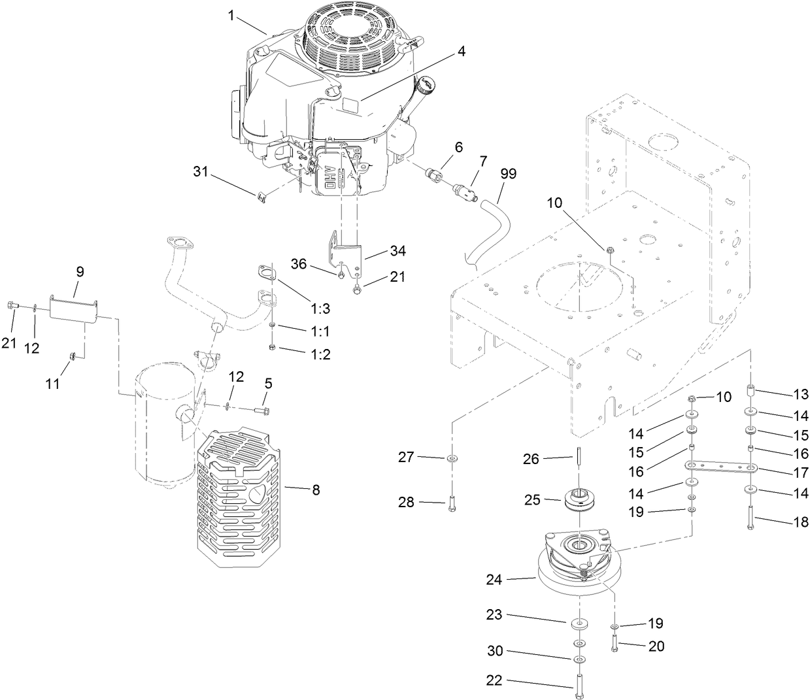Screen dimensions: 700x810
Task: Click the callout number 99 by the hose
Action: tap(508, 174)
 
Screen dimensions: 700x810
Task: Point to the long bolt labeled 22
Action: tap(579, 686)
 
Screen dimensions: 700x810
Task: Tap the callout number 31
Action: tap(201, 172)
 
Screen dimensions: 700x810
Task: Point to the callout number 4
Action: tap(462, 52)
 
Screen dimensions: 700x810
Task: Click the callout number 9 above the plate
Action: tap(80, 271)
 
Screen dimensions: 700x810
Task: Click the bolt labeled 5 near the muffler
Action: tap(260, 410)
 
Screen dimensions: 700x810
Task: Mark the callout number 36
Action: tap(299, 263)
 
